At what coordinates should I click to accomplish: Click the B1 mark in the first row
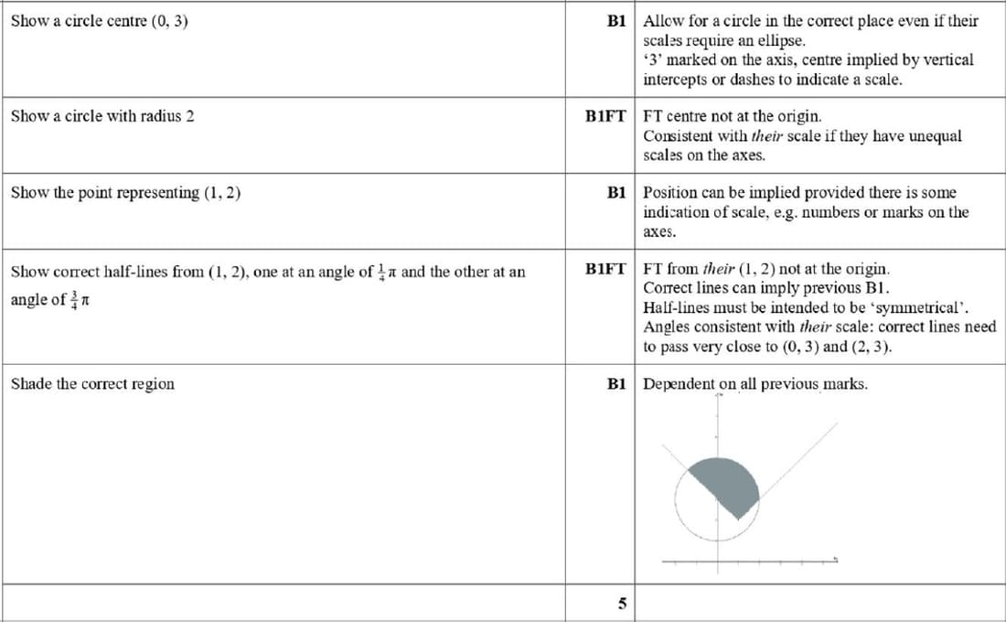coord(615,20)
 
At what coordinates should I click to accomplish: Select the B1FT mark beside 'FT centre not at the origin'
coord(605,116)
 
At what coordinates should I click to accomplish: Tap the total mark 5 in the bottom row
coord(622,604)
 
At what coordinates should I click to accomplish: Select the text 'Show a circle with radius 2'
coord(102,116)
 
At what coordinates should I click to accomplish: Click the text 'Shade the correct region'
coord(92,383)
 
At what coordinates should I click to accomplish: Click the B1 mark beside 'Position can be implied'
coord(615,193)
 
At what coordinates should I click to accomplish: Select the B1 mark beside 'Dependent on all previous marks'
coord(615,384)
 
